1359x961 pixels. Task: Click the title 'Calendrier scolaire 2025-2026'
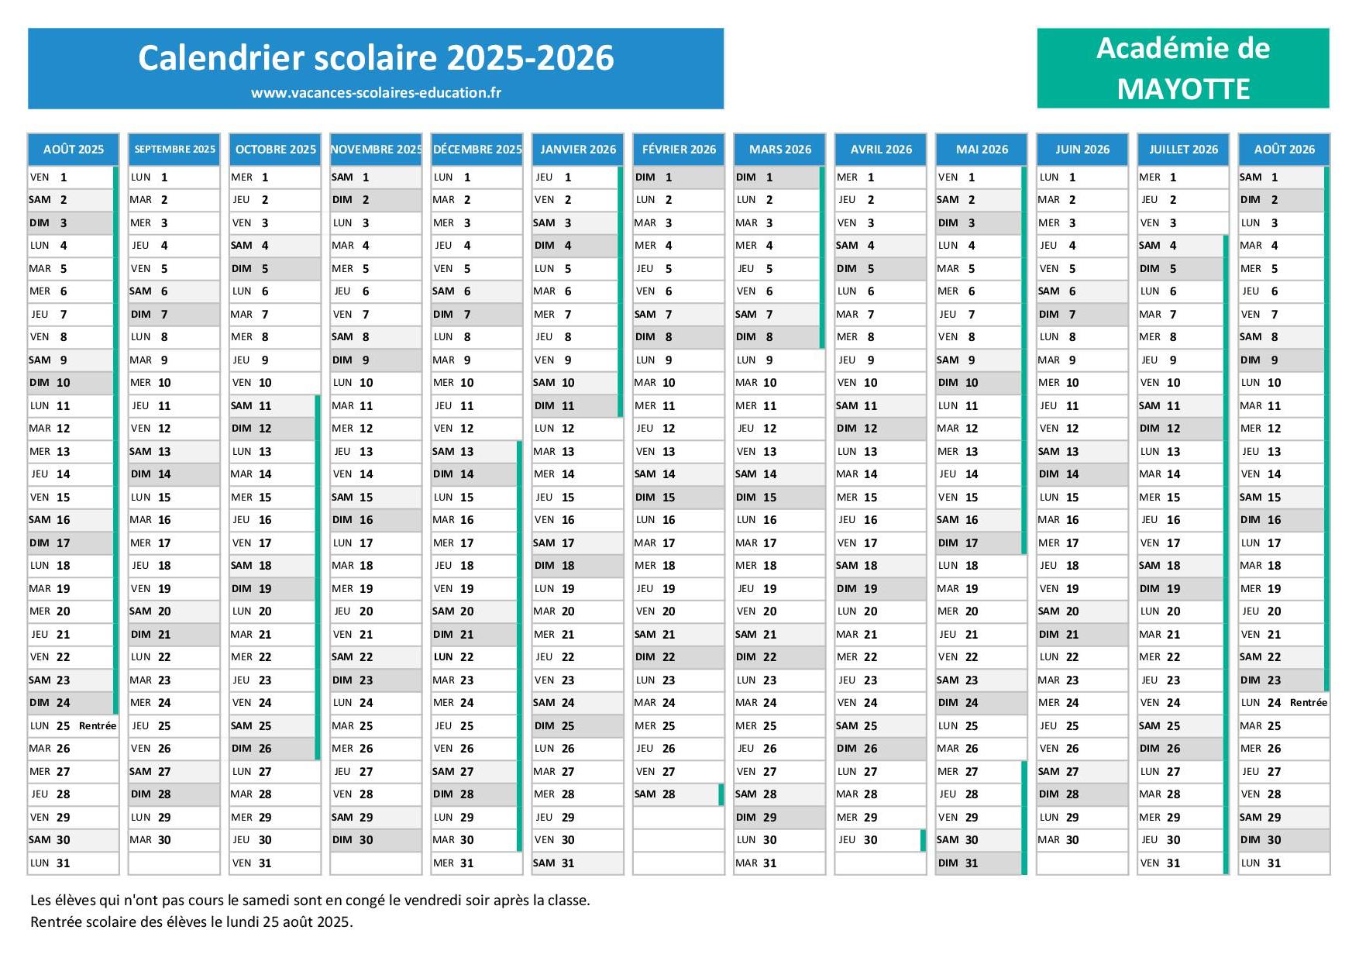click(376, 58)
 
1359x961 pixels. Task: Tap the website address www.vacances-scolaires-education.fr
click(376, 93)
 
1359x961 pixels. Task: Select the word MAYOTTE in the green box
click(1183, 89)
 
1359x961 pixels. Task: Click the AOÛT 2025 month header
click(74, 150)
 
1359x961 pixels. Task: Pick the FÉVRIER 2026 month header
click(679, 150)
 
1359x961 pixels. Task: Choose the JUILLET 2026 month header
click(1183, 150)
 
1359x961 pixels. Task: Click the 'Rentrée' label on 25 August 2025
click(98, 726)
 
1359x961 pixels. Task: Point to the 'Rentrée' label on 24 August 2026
click(1308, 703)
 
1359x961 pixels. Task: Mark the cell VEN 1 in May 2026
click(980, 177)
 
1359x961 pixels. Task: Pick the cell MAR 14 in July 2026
click(1182, 474)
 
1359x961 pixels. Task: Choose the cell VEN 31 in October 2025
click(274, 863)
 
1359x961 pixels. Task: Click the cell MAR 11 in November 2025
click(375, 406)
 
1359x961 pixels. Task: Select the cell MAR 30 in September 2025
click(174, 840)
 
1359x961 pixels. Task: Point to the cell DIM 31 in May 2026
click(980, 863)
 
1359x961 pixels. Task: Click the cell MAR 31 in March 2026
click(779, 863)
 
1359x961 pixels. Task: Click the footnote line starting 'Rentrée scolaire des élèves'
click(191, 922)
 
